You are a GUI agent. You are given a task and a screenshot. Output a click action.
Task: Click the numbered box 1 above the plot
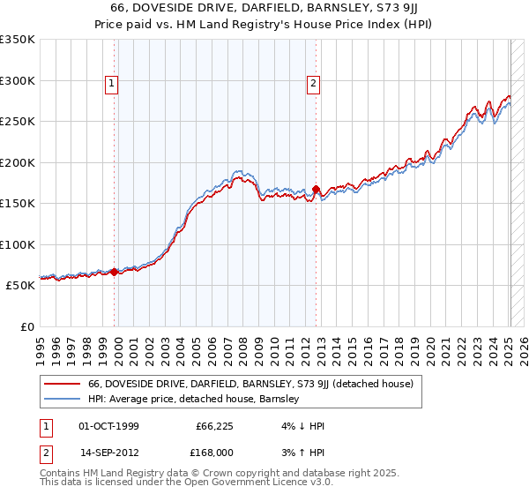click(113, 85)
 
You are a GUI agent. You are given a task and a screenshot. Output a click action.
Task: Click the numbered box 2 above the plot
click(313, 85)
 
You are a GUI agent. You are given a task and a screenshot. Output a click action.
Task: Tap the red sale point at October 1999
click(114, 273)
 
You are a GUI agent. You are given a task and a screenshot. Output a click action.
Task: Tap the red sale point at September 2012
click(316, 189)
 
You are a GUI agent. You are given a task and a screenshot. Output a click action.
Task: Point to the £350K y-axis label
click(18, 40)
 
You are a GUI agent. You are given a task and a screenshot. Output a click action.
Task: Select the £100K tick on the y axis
click(18, 244)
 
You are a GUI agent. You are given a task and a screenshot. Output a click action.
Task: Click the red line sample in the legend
click(62, 384)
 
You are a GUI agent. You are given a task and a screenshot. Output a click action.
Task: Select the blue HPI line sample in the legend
click(62, 399)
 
